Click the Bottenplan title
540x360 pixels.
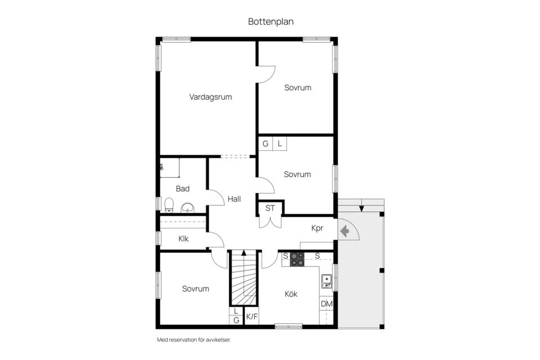271,21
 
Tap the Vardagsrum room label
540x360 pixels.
210,97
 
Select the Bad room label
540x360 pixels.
182,189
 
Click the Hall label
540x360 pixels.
235,199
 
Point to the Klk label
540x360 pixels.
183,238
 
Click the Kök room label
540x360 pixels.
291,294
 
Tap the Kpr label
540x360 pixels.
318,228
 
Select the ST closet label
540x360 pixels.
271,208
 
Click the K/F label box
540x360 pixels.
251,317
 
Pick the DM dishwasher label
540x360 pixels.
326,304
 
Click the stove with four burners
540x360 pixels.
297,259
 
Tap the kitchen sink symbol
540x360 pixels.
326,281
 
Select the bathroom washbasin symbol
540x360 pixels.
187,208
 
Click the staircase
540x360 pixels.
244,278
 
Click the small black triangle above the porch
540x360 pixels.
361,209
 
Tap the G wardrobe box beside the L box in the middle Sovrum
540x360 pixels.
265,143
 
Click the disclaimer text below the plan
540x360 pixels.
193,340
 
